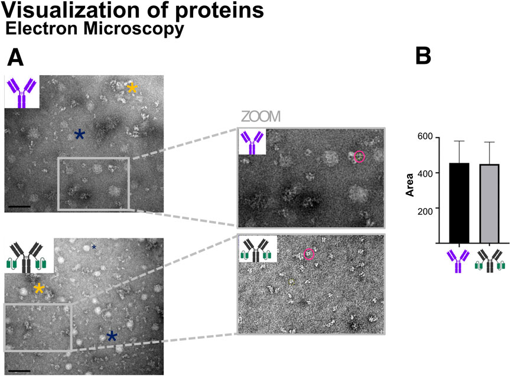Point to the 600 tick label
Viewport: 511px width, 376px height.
[425, 137]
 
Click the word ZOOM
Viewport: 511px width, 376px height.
[260, 116]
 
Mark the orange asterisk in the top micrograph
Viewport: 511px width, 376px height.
[133, 88]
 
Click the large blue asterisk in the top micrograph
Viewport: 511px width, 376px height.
[79, 135]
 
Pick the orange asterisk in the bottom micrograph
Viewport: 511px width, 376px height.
[39, 289]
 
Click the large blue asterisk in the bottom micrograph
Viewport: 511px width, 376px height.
[111, 336]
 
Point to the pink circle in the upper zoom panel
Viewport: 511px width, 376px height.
[360, 157]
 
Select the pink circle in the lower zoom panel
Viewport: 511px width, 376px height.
[309, 254]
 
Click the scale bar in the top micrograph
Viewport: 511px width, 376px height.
[19, 207]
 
